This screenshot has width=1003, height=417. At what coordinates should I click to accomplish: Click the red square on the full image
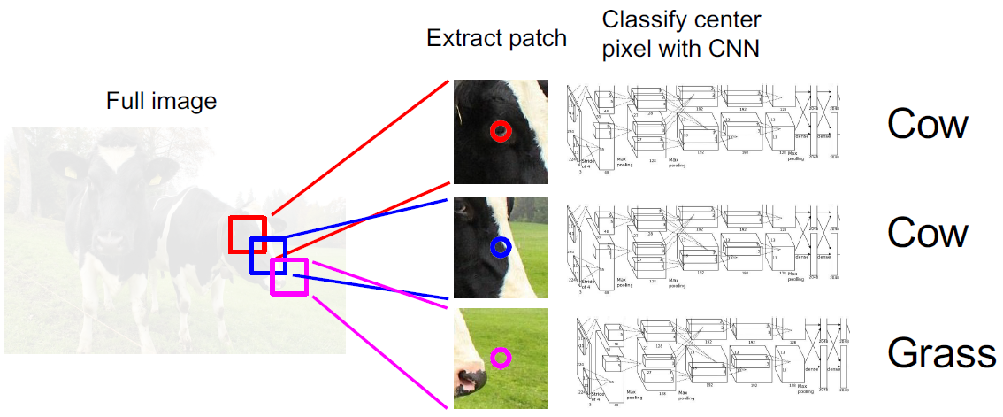tap(248, 234)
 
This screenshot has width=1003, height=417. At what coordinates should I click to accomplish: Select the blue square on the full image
tap(268, 255)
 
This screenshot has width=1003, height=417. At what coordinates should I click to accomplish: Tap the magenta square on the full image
tap(289, 276)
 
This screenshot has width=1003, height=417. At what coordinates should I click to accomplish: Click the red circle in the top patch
tap(501, 132)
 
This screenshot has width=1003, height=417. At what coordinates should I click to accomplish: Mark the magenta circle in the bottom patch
tap(501, 358)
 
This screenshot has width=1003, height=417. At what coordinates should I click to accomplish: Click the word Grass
tap(942, 354)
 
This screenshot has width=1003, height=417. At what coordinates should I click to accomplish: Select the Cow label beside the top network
tap(928, 124)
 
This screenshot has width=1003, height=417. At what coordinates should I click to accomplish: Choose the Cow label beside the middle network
tap(928, 233)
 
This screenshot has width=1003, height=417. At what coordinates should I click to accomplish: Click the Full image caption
tap(161, 101)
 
